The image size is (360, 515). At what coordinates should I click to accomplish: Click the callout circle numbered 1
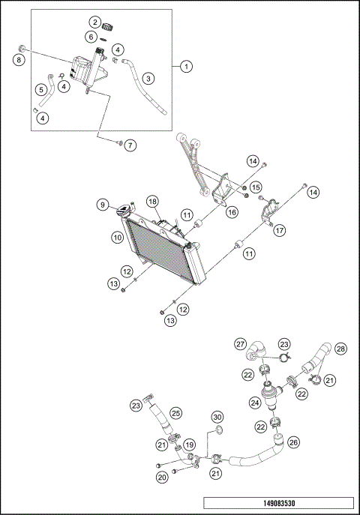tap(186, 67)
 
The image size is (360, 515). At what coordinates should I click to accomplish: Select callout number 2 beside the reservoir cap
tap(95, 22)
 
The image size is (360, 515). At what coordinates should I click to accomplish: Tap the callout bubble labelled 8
tap(19, 60)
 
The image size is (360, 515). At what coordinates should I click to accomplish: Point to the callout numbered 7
tap(130, 145)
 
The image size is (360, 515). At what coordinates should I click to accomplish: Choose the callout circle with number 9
tap(103, 205)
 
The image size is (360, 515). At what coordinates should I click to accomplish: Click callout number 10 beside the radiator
tap(118, 237)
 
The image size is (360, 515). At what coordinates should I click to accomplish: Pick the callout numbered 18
tap(152, 202)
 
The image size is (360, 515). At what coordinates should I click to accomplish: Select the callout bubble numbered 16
tap(232, 212)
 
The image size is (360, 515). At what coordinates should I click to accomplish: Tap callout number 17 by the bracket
tap(280, 231)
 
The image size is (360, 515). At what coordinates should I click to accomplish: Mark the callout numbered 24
tap(255, 403)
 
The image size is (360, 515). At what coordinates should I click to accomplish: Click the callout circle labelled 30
tap(217, 417)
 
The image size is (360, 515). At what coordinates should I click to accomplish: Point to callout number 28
tap(340, 349)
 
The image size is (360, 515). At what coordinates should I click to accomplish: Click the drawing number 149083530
tap(279, 503)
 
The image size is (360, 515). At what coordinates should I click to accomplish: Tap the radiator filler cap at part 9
tap(124, 210)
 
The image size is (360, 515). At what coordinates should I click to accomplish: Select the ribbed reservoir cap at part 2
tap(107, 27)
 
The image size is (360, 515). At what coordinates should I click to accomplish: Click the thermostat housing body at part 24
tap(268, 396)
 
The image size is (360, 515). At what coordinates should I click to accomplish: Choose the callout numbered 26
tap(293, 442)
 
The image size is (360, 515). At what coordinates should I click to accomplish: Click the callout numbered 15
tap(256, 187)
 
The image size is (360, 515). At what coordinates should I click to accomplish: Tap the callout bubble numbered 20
tap(162, 478)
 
